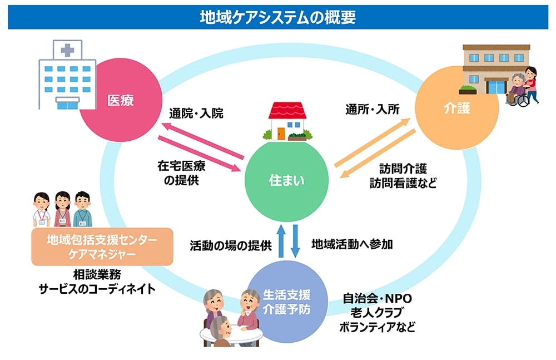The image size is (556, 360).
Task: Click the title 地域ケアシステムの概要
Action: (x=277, y=17)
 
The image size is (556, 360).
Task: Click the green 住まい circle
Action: (x=287, y=181)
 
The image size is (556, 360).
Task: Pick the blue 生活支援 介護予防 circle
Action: (x=287, y=302)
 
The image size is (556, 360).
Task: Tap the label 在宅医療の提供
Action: (x=178, y=172)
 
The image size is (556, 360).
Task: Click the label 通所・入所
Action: (x=373, y=110)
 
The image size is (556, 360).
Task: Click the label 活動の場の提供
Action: (x=230, y=244)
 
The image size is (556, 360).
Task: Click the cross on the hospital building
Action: (x=67, y=50)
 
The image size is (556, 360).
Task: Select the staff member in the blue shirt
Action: (x=82, y=209)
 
